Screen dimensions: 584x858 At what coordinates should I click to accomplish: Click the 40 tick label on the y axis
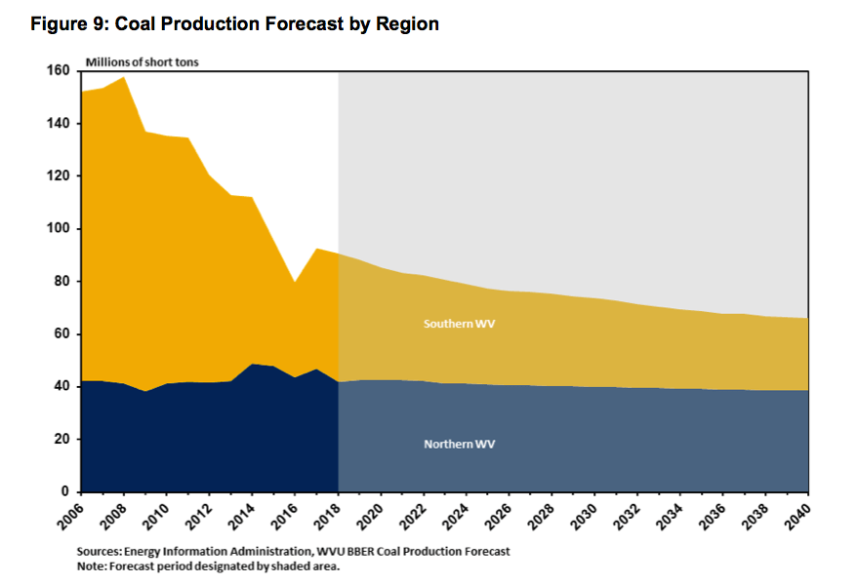(x=61, y=387)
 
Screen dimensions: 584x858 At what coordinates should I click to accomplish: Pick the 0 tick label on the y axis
(x=64, y=492)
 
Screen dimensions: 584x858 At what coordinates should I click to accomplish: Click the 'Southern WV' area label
(x=459, y=323)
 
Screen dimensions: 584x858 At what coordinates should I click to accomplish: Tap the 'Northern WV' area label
(x=459, y=444)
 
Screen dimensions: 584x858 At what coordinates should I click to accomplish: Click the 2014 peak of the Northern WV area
(x=253, y=364)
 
